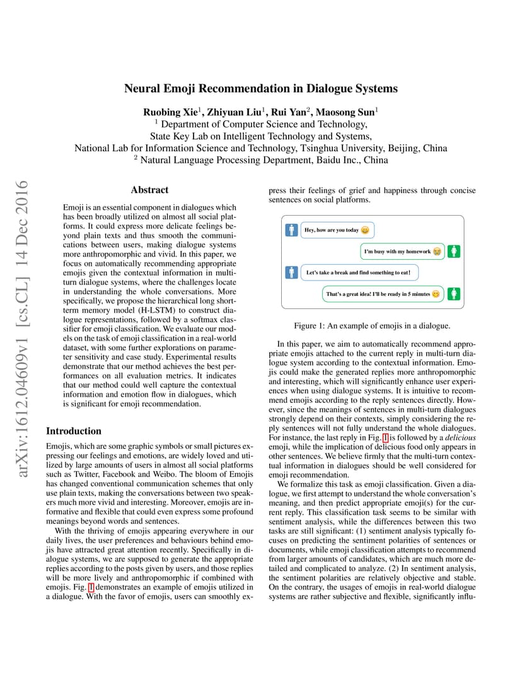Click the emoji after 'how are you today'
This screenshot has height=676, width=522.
(365, 230)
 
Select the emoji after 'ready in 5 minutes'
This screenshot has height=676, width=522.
(436, 294)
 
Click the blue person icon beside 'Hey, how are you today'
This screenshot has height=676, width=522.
(291, 230)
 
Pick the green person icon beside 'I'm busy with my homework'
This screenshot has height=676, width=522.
(455, 252)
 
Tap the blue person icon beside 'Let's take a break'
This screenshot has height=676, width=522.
(291, 272)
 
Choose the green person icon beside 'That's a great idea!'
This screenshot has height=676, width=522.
(455, 294)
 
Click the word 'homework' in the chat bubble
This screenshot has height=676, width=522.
(416, 252)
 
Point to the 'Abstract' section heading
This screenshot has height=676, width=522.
(149, 190)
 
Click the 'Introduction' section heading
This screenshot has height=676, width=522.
(74, 431)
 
